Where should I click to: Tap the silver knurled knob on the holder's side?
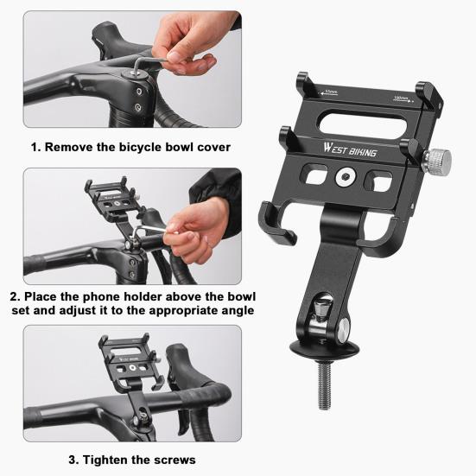pyautogui.click(x=440, y=159)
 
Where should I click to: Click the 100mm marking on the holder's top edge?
pyautogui.click(x=399, y=98)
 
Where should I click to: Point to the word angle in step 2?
pyautogui.click(x=236, y=309)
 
